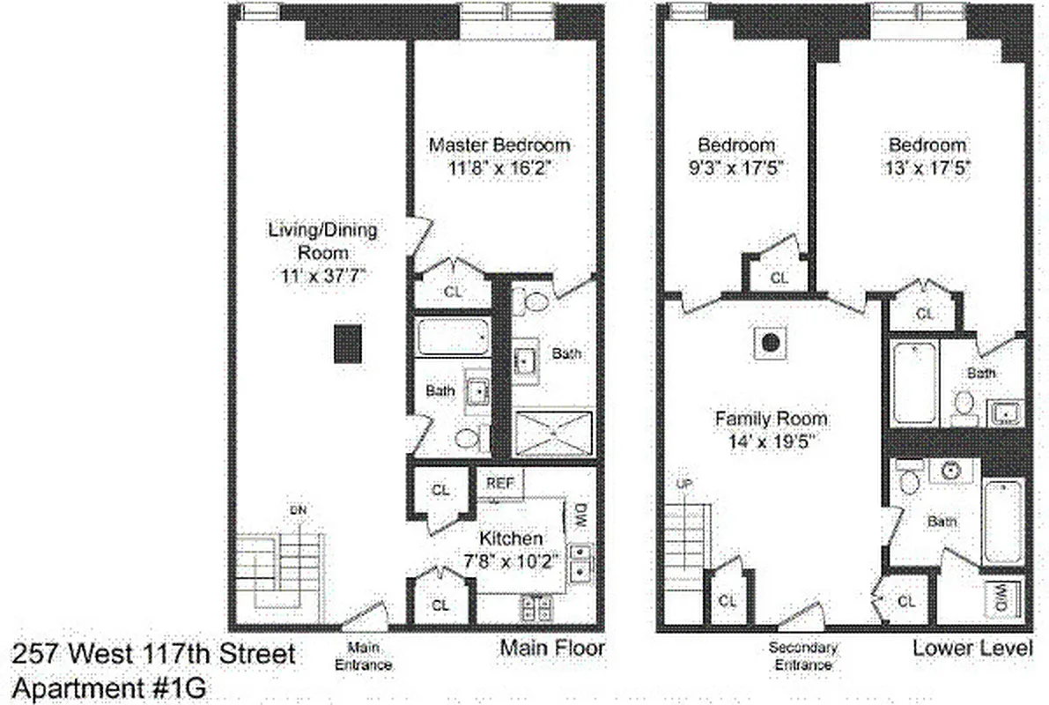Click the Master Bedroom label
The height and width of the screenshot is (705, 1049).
499,145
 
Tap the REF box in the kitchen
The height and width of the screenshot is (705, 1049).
500,483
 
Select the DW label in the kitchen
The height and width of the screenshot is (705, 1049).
580,516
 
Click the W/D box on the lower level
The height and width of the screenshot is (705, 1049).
1002,601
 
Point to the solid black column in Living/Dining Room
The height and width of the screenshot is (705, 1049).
347,345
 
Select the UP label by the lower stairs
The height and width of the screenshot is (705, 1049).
683,485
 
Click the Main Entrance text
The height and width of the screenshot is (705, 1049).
363,657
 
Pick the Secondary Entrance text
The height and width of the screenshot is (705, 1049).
802,657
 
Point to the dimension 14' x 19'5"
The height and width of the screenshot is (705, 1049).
771,441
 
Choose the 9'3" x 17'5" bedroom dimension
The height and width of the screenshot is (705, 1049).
736,167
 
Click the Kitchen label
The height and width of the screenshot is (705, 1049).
510,538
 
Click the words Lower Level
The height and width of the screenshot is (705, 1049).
971,649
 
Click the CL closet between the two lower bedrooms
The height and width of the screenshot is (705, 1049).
778,278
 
